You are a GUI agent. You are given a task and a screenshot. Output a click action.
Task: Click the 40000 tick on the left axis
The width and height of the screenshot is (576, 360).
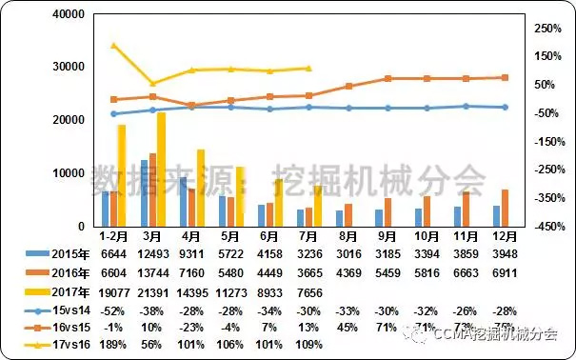click(70, 14)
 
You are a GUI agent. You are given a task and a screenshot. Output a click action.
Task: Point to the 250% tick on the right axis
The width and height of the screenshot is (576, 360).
click(546, 29)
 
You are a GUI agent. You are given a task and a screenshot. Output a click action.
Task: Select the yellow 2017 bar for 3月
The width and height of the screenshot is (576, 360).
click(162, 169)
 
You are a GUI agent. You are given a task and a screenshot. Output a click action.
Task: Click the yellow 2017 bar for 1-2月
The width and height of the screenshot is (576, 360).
click(122, 175)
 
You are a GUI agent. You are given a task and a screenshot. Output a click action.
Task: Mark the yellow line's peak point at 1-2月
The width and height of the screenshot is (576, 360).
click(113, 45)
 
